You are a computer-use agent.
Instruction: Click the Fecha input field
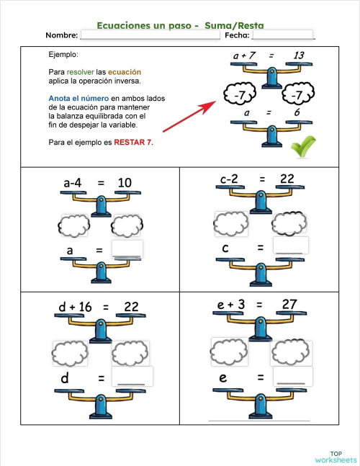(x=283, y=35)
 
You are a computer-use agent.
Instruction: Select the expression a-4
(x=77, y=184)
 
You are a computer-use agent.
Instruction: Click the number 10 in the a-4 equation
(x=124, y=184)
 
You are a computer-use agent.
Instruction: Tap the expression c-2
(x=233, y=179)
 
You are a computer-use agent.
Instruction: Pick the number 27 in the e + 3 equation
(x=289, y=305)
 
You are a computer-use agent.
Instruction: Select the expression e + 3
(x=231, y=305)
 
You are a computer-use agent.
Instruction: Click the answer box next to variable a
(x=127, y=249)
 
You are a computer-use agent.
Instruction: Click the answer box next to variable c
(x=291, y=246)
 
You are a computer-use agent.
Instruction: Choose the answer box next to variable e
(x=293, y=375)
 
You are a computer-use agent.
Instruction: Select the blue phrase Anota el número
(x=78, y=98)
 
